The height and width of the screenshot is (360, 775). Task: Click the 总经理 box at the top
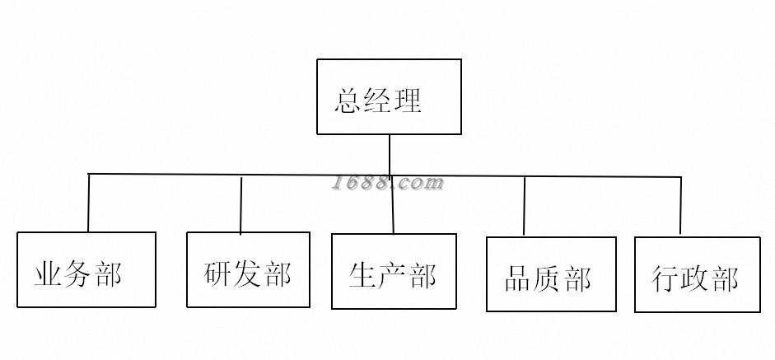(389, 96)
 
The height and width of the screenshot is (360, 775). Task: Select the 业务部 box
(86, 269)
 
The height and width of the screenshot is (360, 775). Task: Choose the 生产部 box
(394, 271)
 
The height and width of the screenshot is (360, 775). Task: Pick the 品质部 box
(551, 274)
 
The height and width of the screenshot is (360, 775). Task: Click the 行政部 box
(697, 275)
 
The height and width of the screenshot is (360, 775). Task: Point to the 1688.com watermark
(388, 183)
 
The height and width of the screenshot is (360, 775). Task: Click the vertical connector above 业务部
(88, 203)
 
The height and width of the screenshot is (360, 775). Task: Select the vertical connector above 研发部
(241, 204)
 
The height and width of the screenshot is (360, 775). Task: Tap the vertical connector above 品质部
(525, 206)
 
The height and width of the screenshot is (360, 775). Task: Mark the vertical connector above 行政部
(680, 206)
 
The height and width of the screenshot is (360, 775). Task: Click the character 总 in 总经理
(348, 101)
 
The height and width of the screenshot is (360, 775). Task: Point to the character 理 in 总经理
(408, 101)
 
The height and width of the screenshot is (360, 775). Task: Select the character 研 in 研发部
(218, 274)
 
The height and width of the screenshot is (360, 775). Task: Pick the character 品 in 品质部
(518, 279)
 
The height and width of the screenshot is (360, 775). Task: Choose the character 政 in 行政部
(696, 278)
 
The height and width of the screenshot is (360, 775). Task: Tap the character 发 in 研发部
(248, 274)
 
